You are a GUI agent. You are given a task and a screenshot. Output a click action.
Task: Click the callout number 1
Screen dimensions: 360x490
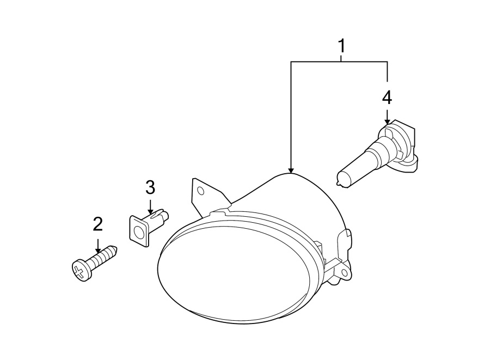click(342, 46)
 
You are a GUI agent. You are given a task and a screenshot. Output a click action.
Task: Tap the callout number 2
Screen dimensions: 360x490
click(98, 224)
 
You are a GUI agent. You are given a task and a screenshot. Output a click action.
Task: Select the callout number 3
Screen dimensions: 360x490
click(150, 188)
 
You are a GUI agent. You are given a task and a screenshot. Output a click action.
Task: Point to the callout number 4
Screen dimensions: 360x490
click(387, 98)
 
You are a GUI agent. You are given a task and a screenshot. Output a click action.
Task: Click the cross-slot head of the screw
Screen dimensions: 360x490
click(81, 270)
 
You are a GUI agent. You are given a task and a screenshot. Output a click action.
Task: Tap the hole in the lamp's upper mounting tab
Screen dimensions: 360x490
click(201, 191)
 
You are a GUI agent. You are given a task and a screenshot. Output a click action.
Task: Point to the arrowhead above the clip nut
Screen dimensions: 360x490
click(150, 209)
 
